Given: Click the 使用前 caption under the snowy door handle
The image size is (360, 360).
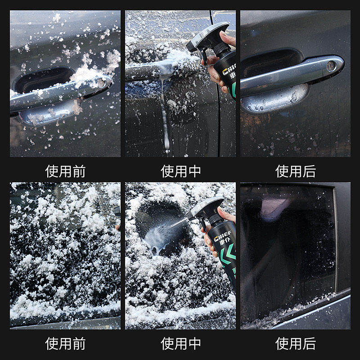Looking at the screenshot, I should pos(65,171).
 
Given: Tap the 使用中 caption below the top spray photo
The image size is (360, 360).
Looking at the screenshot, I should pos(180,171).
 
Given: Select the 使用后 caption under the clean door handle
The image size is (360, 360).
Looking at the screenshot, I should pos(296,171).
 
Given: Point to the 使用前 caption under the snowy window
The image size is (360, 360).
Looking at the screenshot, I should pos(65,343).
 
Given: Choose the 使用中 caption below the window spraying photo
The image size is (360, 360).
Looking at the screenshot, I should pos(180,343).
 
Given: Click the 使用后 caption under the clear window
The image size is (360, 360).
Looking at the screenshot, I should pos(296,343).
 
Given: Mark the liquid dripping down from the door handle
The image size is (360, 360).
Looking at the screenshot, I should pos(165,117).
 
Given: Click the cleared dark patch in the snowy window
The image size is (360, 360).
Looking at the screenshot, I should pos(160,216).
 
